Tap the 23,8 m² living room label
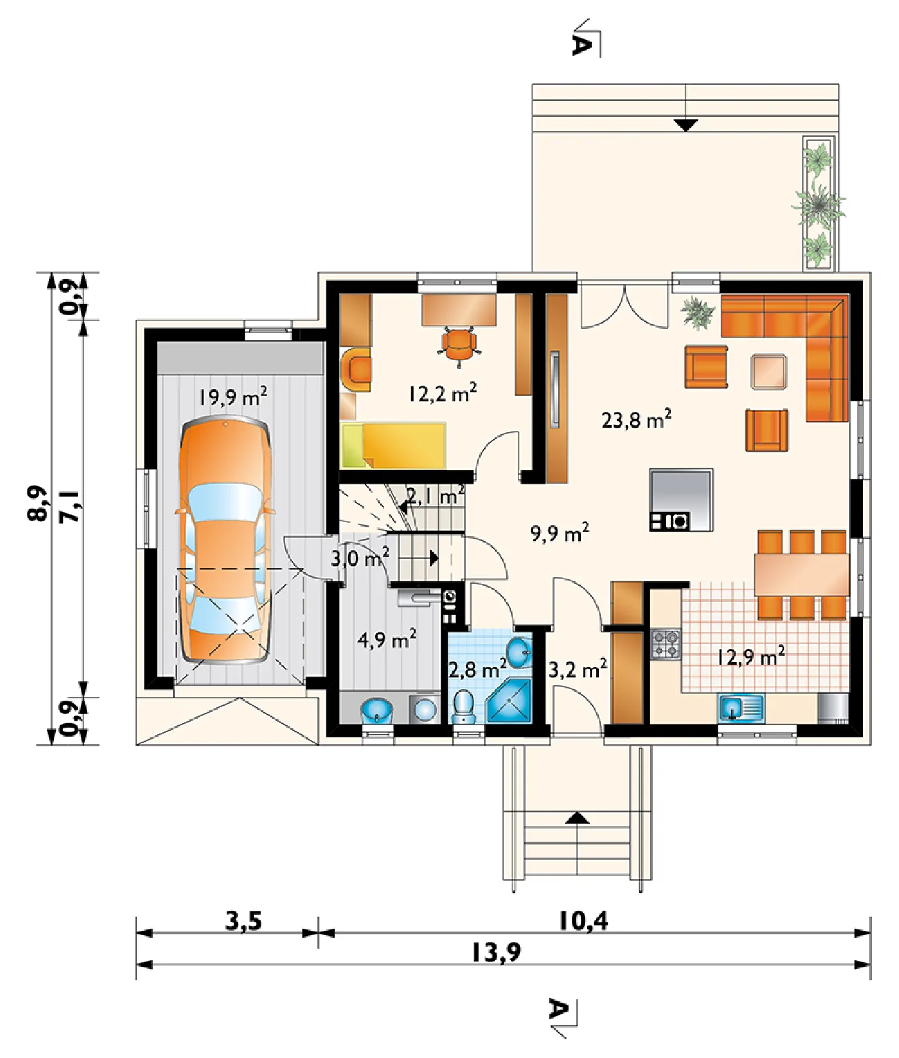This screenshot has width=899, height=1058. pos(636,419)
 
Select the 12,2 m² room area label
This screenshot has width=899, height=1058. pos(443,393)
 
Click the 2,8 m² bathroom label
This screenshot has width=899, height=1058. pos(477,670)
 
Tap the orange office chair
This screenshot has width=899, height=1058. pos(459,346)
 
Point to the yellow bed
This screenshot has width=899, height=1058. pos(393,445)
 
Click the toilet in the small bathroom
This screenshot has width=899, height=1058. pos(464,706)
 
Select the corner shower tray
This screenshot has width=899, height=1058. pos(510,701)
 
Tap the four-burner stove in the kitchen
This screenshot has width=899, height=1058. pos(665,644)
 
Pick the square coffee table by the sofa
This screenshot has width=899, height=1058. pos(769,372)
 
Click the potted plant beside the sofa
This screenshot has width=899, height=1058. pos(698,312)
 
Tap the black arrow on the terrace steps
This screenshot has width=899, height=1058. pos(685,125)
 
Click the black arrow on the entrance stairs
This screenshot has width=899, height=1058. pos(577,818)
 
